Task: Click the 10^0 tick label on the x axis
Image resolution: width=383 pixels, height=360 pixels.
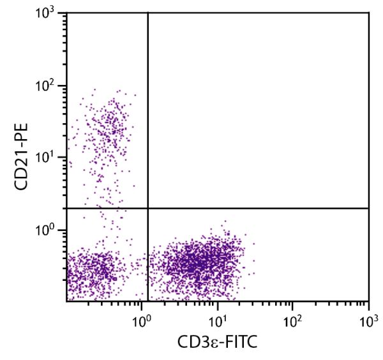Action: [140, 317]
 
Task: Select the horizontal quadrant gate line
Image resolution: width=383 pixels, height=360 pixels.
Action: [255, 208]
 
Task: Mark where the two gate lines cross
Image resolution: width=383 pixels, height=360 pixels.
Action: [148, 208]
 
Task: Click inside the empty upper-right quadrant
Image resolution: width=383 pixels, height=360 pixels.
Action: [259, 109]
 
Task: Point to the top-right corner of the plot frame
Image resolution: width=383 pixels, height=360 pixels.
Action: [368, 13]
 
